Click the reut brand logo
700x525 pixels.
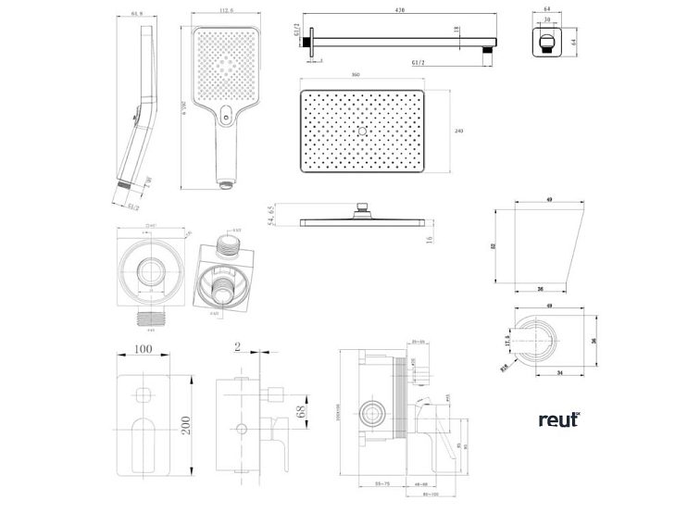click(558, 419)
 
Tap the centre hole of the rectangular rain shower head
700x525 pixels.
click(361, 132)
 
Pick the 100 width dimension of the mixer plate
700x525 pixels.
click(143, 350)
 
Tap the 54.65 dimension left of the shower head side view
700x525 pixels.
click(270, 217)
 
